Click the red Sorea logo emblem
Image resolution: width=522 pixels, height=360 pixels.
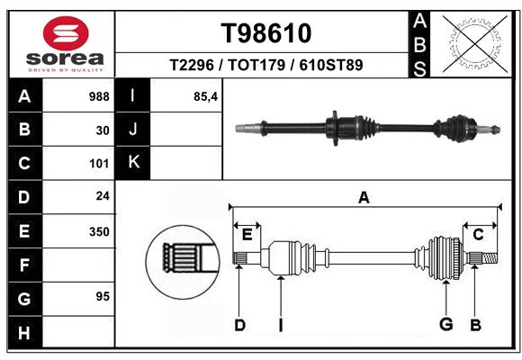pos(66,33)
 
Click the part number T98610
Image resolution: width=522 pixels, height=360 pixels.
pos(266,33)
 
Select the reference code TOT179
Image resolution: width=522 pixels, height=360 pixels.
pos(256,65)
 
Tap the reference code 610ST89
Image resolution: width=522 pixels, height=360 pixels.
pos(331,65)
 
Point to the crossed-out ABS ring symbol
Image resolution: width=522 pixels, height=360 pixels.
pos(475,43)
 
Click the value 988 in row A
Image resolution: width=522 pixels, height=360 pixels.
pos(99,96)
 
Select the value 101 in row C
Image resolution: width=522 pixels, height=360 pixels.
pos(99,164)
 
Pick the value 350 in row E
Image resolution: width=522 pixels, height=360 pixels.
pos(99,231)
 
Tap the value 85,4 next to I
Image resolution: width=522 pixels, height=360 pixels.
pos(206,97)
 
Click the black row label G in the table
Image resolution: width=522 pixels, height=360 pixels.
pos(24,299)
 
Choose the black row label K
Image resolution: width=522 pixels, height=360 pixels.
pos(133,163)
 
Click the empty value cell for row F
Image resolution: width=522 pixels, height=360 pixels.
pos(78,265)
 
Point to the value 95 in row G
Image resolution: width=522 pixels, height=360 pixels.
pos(103,296)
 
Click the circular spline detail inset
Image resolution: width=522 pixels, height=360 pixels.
pos(183,262)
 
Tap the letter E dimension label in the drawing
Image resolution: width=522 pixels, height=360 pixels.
pos(247,235)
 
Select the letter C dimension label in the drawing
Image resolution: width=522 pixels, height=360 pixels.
pos(478,235)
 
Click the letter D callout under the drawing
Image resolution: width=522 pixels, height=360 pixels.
pos(239,325)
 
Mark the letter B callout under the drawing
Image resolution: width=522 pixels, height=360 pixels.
pos(475,325)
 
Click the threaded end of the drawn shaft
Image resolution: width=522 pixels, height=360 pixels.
pos(490,258)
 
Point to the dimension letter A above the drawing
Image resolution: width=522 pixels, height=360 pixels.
pos(364,197)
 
